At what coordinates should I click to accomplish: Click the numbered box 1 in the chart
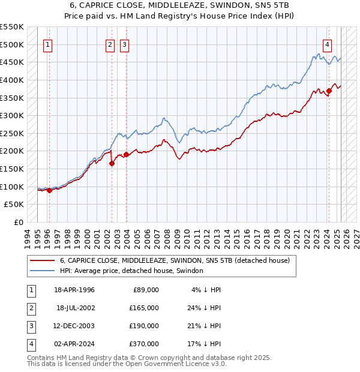point(47,44)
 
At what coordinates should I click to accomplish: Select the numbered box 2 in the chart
point(110,44)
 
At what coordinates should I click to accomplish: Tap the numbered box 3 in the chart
point(124,44)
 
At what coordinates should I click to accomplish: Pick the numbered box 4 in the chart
point(328,44)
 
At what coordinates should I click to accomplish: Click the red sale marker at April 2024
point(329,91)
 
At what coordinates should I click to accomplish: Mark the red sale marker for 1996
point(49,190)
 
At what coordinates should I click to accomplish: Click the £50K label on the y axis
point(14,205)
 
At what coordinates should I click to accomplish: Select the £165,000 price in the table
point(143,308)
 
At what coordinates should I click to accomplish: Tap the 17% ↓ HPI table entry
point(206,344)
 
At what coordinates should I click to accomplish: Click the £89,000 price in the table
point(146,290)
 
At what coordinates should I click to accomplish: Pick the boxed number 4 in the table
point(30,344)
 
